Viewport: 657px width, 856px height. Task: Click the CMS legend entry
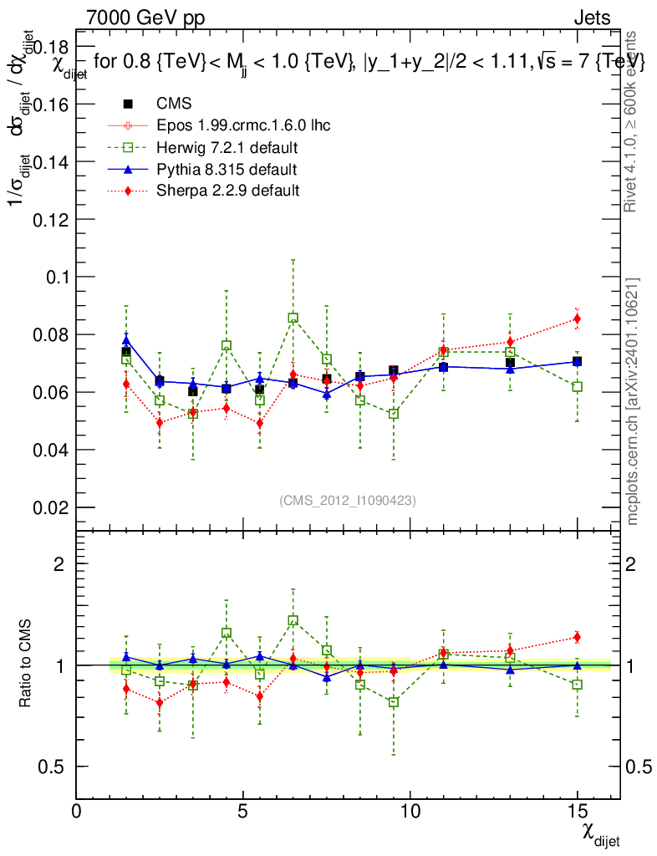tap(174, 104)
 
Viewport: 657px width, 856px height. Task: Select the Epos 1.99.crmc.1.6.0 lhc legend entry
tap(243, 125)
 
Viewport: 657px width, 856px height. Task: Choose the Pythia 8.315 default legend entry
tap(227, 169)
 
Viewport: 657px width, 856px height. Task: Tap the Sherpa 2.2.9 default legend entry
tap(228, 191)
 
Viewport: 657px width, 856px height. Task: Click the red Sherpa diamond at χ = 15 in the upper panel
tap(577, 318)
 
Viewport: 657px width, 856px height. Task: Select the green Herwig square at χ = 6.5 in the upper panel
tap(293, 318)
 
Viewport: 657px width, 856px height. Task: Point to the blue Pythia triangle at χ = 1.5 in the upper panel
tap(126, 339)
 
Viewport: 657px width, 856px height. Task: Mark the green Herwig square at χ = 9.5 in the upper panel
tap(394, 414)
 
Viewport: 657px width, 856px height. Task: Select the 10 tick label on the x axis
tap(410, 811)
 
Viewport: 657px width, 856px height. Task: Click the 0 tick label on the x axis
tap(77, 811)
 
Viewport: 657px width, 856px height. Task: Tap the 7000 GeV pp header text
tap(145, 18)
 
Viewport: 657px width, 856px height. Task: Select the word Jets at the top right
tap(592, 18)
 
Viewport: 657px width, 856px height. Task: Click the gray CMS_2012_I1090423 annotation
tap(348, 500)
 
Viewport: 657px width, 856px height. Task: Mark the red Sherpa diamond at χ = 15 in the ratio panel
tap(577, 637)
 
